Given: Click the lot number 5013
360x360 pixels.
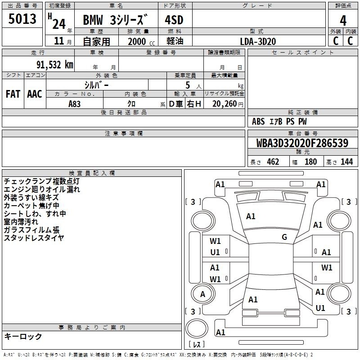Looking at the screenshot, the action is pos(22,19).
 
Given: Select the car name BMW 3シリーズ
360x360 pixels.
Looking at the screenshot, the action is pos(115,20).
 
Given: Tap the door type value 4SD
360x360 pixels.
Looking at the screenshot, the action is pos(174,20).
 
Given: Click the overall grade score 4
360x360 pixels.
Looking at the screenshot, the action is pos(343,21).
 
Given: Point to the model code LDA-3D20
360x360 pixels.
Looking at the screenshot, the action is pos(258,41).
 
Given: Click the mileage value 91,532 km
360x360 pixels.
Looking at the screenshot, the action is pos(54,65).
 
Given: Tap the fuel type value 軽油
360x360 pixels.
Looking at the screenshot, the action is pos(175,41).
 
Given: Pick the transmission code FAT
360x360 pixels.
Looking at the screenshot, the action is pos(13,94).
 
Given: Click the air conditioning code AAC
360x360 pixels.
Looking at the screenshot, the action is pos(35,94).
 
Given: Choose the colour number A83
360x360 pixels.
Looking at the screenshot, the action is pos(74,104).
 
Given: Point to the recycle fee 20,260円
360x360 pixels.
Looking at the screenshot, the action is pos(228,104).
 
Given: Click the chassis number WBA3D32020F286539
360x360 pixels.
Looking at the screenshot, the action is pos(302,143).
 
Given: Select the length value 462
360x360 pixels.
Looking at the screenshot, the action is pos(273,162).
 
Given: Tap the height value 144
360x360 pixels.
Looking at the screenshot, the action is pos(346,162).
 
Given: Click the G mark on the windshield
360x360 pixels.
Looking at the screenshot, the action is pos(284,237).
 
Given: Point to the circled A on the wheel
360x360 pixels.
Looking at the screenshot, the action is pos(202,294).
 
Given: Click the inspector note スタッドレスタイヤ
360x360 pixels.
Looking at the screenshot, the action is pos(34,238).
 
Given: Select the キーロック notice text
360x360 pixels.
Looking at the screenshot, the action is pos(23,336).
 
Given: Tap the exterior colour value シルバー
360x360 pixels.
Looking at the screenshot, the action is pos(96,85).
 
